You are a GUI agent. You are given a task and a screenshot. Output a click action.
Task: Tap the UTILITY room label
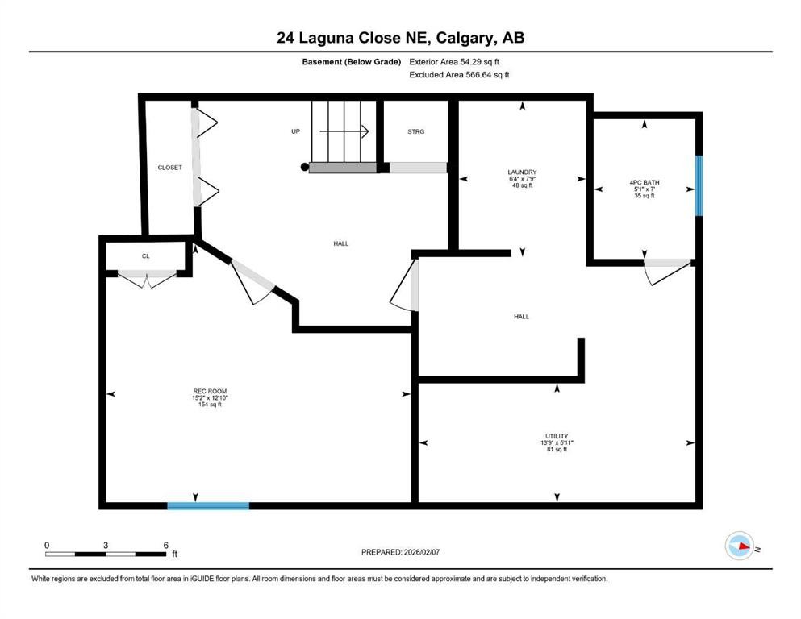557,436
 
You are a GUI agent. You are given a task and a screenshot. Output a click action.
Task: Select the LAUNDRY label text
522,172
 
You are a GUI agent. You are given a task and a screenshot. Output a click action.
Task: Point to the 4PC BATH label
644,183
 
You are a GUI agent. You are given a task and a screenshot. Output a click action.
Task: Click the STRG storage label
415,131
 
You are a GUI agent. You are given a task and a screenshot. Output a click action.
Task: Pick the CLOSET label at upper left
169,168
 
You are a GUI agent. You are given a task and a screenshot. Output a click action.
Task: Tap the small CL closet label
146,256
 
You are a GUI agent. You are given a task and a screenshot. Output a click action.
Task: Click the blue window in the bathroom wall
699,185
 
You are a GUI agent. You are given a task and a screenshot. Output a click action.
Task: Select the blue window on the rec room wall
208,505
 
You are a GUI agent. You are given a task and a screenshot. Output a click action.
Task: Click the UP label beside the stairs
296,131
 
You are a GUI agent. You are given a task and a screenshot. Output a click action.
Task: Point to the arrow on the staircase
355,131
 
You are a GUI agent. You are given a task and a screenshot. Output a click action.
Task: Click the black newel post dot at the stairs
304,168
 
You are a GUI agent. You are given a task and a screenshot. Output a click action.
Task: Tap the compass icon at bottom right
740,547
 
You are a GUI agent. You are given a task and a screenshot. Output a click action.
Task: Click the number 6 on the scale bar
165,545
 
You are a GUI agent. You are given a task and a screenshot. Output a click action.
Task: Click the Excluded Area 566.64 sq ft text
459,74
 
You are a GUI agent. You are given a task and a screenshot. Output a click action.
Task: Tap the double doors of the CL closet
146,279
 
